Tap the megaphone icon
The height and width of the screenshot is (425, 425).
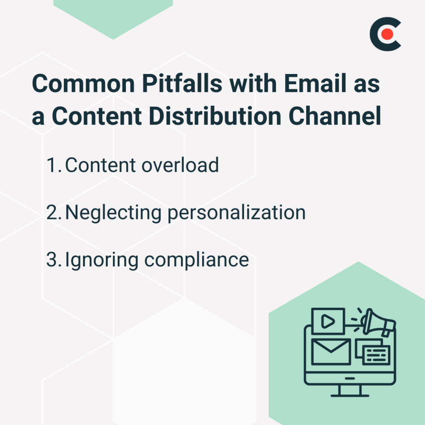pos(378,323)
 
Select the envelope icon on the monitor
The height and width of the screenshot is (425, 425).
pos(331,351)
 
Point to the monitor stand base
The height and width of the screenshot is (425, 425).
pos(350,395)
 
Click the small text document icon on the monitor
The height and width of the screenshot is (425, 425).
pos(376,355)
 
